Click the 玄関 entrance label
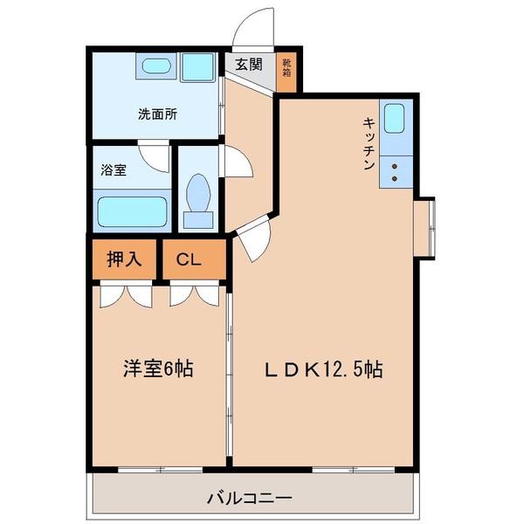click(x=248, y=64)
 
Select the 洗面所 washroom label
click(x=156, y=114)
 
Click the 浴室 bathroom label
click(x=114, y=170)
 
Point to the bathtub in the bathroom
click(x=131, y=210)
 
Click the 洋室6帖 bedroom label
click(x=157, y=369)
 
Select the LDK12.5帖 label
click(x=323, y=369)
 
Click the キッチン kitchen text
click(x=369, y=141)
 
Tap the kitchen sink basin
click(x=394, y=118)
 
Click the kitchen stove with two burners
click(x=394, y=170)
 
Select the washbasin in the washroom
click(x=157, y=67)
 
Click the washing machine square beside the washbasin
click(x=198, y=67)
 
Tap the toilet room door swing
click(x=236, y=162)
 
